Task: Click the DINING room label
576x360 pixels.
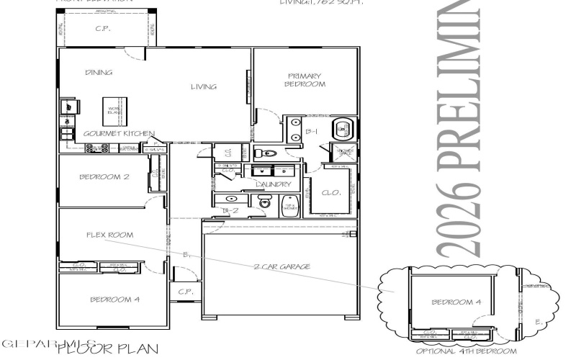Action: click(98, 73)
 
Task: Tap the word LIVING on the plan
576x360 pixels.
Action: click(203, 87)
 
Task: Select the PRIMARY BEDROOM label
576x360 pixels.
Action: click(307, 79)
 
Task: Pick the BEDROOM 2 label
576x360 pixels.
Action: click(104, 176)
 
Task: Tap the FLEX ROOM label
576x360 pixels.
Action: click(109, 235)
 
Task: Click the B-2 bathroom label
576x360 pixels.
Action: click(230, 210)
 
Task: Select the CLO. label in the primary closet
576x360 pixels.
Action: click(330, 192)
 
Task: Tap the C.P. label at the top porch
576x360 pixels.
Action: click(101, 30)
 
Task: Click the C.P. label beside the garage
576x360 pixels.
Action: click(184, 292)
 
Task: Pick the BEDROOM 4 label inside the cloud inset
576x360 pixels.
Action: click(456, 302)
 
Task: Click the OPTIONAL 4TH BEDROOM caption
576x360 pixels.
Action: click(467, 351)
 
